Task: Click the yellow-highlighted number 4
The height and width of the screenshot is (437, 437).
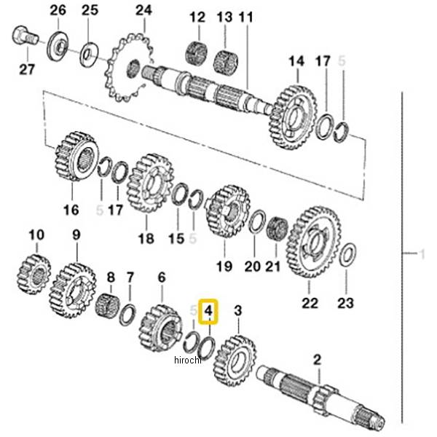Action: [209, 312]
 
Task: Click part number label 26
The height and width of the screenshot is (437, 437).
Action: [58, 10]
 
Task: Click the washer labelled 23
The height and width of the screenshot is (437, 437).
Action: [347, 254]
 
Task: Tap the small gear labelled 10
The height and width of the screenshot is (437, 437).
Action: [35, 273]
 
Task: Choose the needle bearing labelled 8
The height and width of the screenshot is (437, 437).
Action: [108, 305]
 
